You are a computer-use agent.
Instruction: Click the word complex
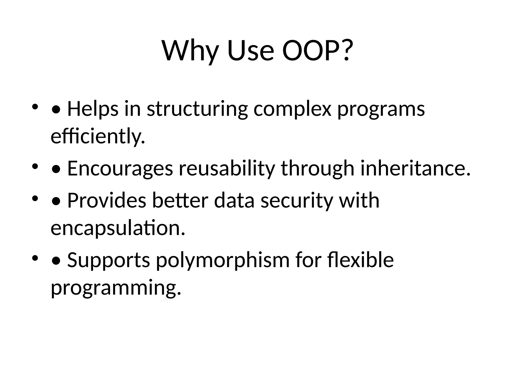[x=292, y=109]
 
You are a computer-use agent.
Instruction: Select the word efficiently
[x=98, y=136]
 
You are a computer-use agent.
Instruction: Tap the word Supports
[x=109, y=260]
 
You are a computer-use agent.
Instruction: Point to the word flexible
[x=361, y=260]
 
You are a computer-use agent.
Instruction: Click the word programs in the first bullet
[x=381, y=109]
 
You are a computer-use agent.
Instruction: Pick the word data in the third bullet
[x=234, y=200]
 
